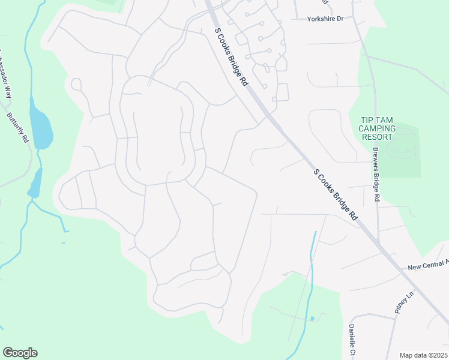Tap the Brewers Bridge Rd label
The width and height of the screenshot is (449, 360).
pyautogui.click(x=376, y=174)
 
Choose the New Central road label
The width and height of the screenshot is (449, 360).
pyautogui.click(x=427, y=265)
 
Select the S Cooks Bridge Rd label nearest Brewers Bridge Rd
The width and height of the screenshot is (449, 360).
pyautogui.click(x=335, y=194)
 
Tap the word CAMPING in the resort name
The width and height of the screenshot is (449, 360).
pyautogui.click(x=377, y=128)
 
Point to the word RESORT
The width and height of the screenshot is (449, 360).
pyautogui.click(x=377, y=137)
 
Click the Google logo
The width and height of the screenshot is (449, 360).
pyautogui.click(x=20, y=353)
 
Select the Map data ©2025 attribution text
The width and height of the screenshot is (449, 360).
pyautogui.click(x=423, y=355)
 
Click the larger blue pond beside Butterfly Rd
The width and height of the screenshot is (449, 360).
pyautogui.click(x=41, y=128)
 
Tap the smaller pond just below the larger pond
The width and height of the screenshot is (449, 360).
pyautogui.click(x=35, y=183)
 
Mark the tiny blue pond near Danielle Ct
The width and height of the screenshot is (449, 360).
pyautogui.click(x=312, y=318)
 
